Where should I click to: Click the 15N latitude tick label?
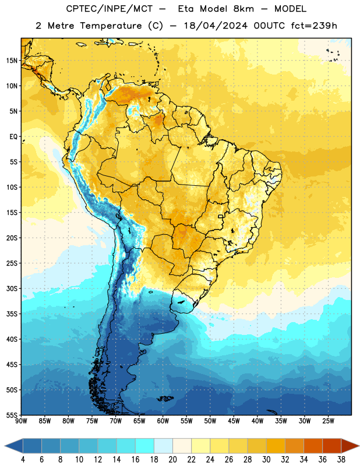coord(12,61)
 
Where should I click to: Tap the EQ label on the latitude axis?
coord(13,137)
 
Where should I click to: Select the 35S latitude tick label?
coord(12,314)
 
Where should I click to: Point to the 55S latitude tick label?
coord(12,415)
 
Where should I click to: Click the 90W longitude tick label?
coord(22,421)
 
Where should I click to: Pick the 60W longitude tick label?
coord(163,421)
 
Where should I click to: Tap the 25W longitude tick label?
coord(328,421)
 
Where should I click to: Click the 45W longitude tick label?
coord(234,421)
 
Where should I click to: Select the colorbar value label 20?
coord(172,460)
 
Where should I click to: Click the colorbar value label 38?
coord(341,460)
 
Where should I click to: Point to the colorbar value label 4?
coord(23,460)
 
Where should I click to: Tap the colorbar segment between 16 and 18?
coord(145,446)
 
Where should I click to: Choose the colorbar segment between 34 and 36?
coord(313,446)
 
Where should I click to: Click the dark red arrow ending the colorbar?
coord(350,446)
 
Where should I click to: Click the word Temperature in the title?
coord(111,26)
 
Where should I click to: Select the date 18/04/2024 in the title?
coord(216,26)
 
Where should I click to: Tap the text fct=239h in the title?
coord(314,26)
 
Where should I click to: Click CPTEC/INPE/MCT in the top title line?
coord(109,9)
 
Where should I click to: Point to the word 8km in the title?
coord(243,9)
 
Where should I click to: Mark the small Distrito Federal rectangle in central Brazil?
coord(221,216)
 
